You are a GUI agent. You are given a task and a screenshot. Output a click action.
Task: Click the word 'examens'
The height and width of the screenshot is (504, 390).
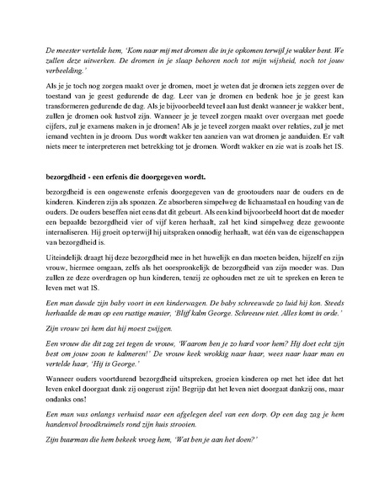point(117,138)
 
